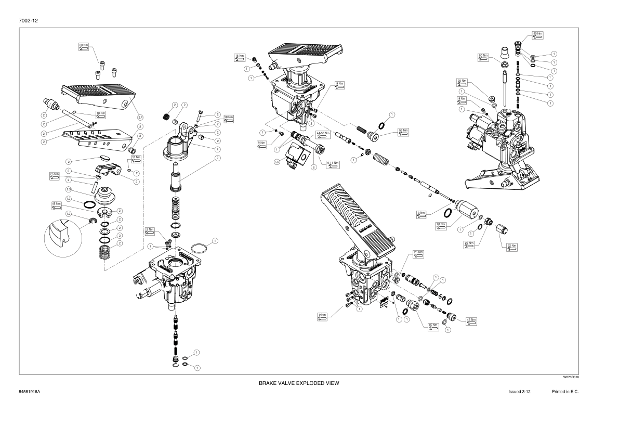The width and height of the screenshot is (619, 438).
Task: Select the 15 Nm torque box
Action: point(240,56)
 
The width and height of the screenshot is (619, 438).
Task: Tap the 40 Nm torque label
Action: point(538,35)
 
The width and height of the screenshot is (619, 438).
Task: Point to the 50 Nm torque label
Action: point(483,56)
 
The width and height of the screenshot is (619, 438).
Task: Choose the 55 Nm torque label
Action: point(402,131)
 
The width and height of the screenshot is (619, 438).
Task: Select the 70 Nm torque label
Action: point(441,225)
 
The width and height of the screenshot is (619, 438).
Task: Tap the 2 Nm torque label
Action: point(150,230)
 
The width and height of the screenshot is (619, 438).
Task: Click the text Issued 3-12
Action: point(519,391)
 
